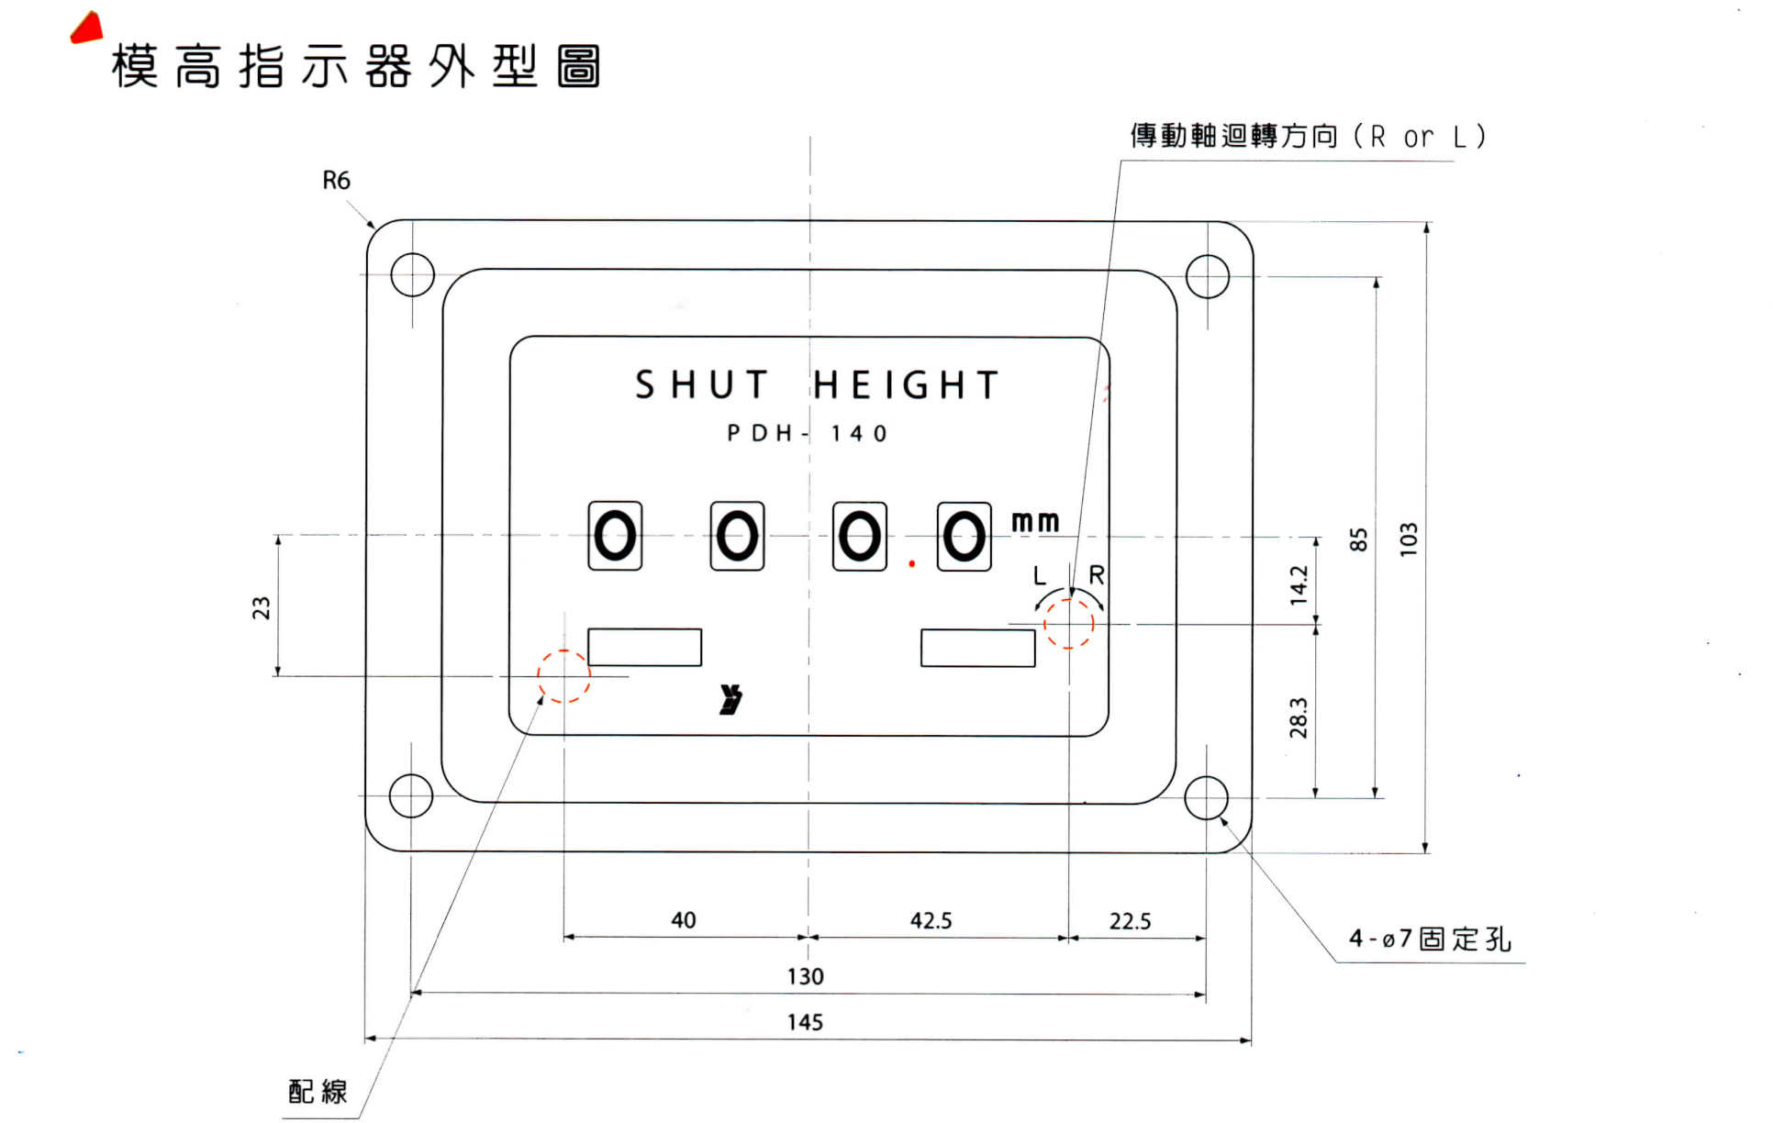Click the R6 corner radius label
pos(336,181)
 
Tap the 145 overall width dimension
pos(805,1022)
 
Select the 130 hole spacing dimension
pos(805,976)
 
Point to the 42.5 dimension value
pos(931,920)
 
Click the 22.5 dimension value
pos(1130,921)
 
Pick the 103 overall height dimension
pos(1409,539)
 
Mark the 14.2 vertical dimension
pos(1299,584)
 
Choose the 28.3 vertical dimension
pos(1299,717)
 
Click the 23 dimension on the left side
pos(262,607)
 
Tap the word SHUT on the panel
pos(702,385)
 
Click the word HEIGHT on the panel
pos(906,385)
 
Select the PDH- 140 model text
pos(808,433)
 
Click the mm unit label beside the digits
pos(1035,522)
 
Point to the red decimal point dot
pos(911,563)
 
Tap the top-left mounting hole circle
pos(412,274)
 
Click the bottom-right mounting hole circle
pos(1206,798)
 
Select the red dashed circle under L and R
pos(1069,624)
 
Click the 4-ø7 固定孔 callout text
pos(1430,939)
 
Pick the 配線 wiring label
pos(318,1091)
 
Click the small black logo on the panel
pos(730,699)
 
